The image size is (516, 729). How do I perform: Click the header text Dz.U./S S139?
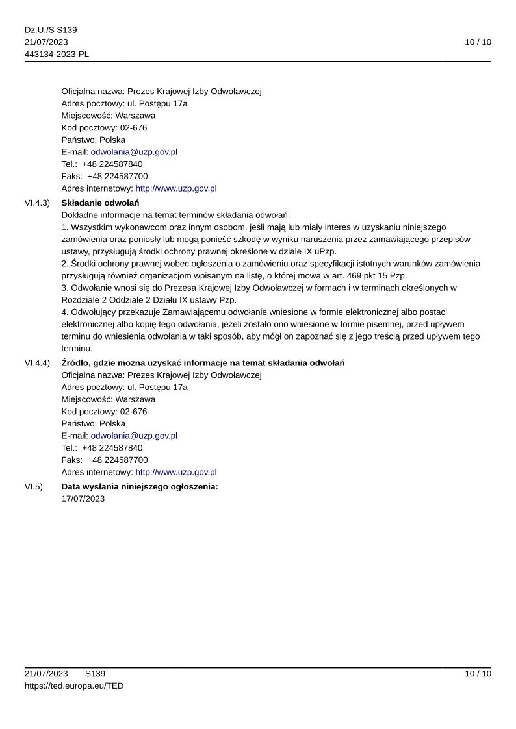pyautogui.click(x=51, y=30)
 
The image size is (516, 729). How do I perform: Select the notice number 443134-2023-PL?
pyautogui.click(x=57, y=54)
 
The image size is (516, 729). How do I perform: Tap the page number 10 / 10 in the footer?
pyautogui.click(x=478, y=674)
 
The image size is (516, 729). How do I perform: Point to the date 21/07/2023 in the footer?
pyautogui.click(x=46, y=674)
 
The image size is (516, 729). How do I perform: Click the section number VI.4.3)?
pyautogui.click(x=37, y=203)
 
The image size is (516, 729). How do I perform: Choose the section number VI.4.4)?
pyautogui.click(x=37, y=363)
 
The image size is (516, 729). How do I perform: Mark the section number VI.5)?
pyautogui.click(x=33, y=486)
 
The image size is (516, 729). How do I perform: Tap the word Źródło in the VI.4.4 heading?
pyautogui.click(x=77, y=363)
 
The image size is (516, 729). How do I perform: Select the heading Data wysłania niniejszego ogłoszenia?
pyautogui.click(x=140, y=486)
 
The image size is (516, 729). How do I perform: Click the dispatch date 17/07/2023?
pyautogui.click(x=83, y=499)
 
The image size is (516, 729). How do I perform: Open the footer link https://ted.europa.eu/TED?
pyautogui.click(x=74, y=686)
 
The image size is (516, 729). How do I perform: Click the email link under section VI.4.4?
pyautogui.click(x=134, y=436)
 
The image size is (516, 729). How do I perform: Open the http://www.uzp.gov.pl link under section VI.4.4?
pyautogui.click(x=176, y=472)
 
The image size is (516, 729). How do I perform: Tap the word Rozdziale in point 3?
pyautogui.click(x=80, y=299)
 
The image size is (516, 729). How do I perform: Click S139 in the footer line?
pyautogui.click(x=95, y=674)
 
